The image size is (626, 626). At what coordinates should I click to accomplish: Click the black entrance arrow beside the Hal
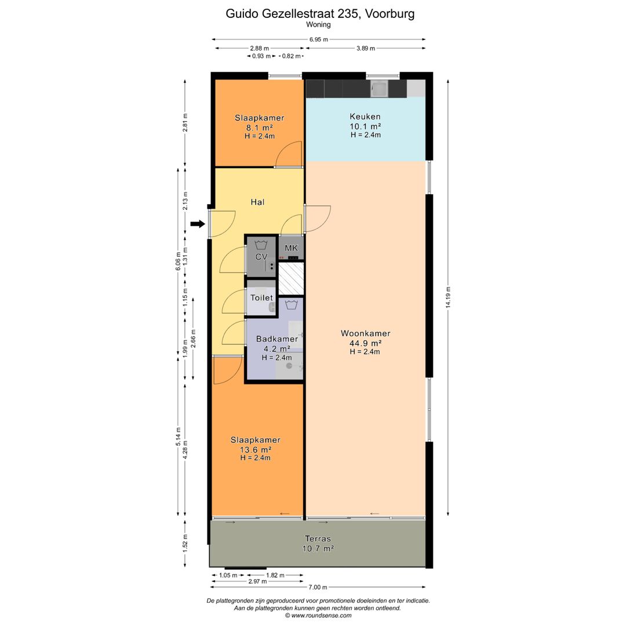click(x=198, y=224)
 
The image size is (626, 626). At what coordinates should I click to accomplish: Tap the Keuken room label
click(x=365, y=117)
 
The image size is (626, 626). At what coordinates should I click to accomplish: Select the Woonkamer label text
click(x=365, y=333)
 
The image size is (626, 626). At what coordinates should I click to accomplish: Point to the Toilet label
click(x=261, y=298)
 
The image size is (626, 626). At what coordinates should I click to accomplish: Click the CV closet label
click(x=261, y=257)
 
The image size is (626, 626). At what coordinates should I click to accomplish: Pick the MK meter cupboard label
click(x=291, y=248)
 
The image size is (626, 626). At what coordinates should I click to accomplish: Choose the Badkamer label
click(x=276, y=339)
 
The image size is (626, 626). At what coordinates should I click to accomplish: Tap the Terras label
click(x=318, y=538)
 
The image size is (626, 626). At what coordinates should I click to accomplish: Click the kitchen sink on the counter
click(x=379, y=89)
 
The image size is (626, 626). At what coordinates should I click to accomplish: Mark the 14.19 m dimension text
click(x=448, y=297)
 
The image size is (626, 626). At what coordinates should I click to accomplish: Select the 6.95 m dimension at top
click(x=319, y=39)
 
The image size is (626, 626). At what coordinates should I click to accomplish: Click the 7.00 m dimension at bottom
click(x=318, y=587)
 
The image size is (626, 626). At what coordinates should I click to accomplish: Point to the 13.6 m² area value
click(x=256, y=450)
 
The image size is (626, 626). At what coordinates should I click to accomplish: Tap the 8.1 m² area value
click(x=259, y=128)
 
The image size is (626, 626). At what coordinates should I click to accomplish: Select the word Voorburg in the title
click(x=390, y=13)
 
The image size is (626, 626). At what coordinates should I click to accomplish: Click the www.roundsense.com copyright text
click(x=318, y=616)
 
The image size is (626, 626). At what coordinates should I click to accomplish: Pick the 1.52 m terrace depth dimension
click(x=185, y=543)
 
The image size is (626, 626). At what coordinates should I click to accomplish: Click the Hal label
click(x=257, y=202)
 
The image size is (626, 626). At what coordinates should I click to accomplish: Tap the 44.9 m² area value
click(x=365, y=343)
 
